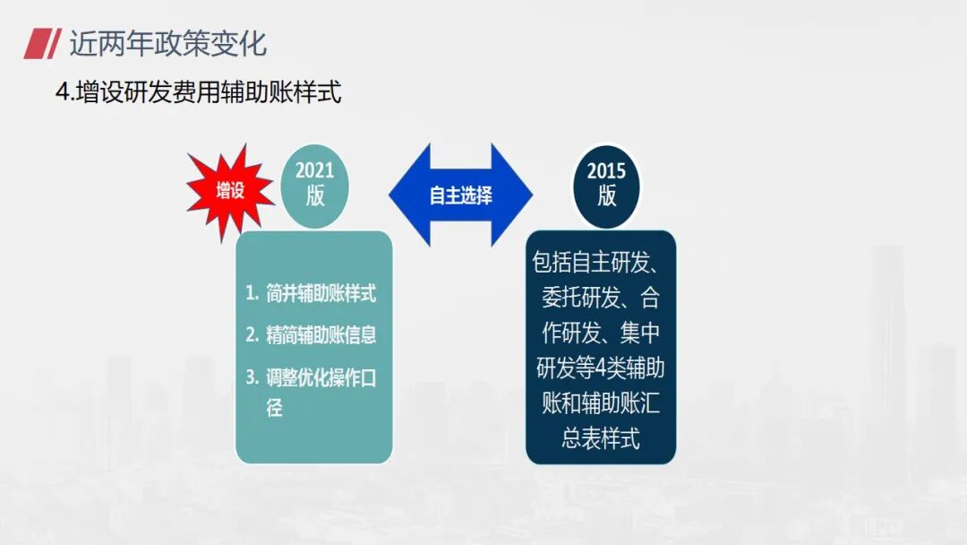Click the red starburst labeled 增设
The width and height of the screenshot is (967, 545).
point(230,191)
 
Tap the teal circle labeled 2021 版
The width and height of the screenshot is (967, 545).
point(314,185)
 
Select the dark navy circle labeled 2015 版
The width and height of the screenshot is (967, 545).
point(606,185)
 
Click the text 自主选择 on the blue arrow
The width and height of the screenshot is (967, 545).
point(460,195)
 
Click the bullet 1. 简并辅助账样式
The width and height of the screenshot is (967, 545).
point(311,293)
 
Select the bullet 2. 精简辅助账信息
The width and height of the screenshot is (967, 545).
point(311,335)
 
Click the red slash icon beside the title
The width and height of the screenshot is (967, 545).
point(41,42)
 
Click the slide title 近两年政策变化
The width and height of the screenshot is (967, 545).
point(168,42)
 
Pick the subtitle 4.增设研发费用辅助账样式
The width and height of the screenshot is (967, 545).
point(199,92)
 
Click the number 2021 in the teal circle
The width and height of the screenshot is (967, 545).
point(314,171)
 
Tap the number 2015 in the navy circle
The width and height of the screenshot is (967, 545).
point(606,171)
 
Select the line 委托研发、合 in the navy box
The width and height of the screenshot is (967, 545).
point(600,298)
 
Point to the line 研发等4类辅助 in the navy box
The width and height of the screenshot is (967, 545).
point(600,368)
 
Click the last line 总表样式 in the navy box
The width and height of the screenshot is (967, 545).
point(600,438)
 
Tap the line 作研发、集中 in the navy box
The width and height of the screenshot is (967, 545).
point(600,333)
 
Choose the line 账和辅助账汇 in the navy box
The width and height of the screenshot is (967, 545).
point(600,403)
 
